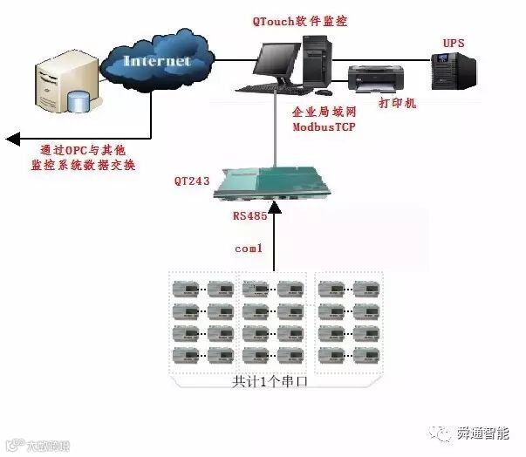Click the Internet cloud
(157, 60)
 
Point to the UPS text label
(454, 42)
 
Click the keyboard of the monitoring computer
(270, 89)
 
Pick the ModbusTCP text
(323, 128)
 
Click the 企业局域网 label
(323, 113)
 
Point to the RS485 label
(249, 215)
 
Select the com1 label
(249, 249)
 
